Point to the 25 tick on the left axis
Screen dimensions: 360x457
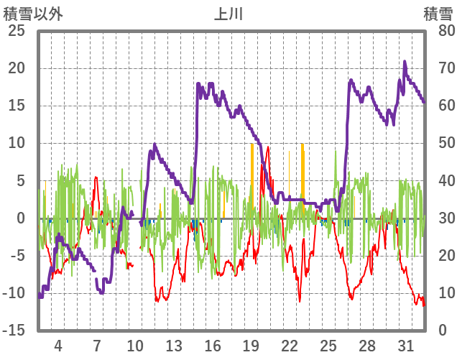16,31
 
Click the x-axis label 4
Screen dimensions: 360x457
57,345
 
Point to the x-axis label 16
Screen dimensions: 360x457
212,345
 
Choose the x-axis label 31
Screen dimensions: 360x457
405,345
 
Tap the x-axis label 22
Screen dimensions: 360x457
290,345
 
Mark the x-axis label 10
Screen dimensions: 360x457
135,345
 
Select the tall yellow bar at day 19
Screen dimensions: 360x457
251,180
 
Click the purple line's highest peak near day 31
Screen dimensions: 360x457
405,62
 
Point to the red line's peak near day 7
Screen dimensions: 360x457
96,177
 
